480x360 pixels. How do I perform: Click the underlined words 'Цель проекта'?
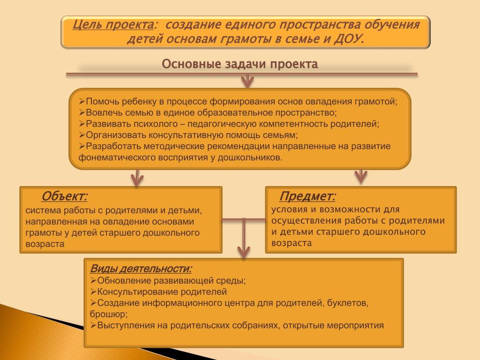click(x=113, y=24)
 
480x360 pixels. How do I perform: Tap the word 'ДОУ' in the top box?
click(x=347, y=39)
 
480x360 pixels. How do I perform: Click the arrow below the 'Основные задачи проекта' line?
click(x=247, y=81)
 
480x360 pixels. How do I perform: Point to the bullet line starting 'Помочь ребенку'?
click(x=238, y=102)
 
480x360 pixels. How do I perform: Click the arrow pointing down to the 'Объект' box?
click(x=136, y=178)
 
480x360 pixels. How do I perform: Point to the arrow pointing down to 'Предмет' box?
click(x=360, y=176)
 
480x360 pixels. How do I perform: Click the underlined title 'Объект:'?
click(x=64, y=196)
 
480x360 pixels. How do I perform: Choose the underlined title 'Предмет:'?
click(x=307, y=196)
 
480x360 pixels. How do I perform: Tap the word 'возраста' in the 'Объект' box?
click(x=45, y=244)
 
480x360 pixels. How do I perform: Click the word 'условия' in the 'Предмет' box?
click(x=288, y=210)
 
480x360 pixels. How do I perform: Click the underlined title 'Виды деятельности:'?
click(x=141, y=269)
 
